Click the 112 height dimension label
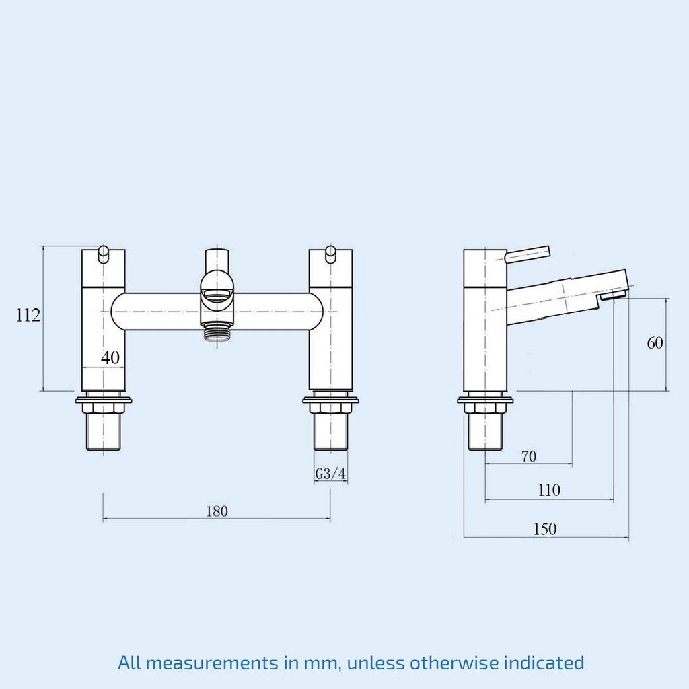(28, 315)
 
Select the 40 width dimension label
(110, 358)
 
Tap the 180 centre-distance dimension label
(217, 511)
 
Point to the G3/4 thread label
(330, 474)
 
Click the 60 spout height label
(655, 342)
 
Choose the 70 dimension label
(529, 457)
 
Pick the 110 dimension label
(549, 490)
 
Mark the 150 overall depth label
(545, 529)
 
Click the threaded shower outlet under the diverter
(217, 332)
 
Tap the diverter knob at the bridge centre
(217, 298)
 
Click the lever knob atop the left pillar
(103, 255)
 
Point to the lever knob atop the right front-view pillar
(330, 255)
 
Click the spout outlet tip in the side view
(612, 295)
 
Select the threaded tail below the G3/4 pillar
(330, 433)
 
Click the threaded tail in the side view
(485, 433)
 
